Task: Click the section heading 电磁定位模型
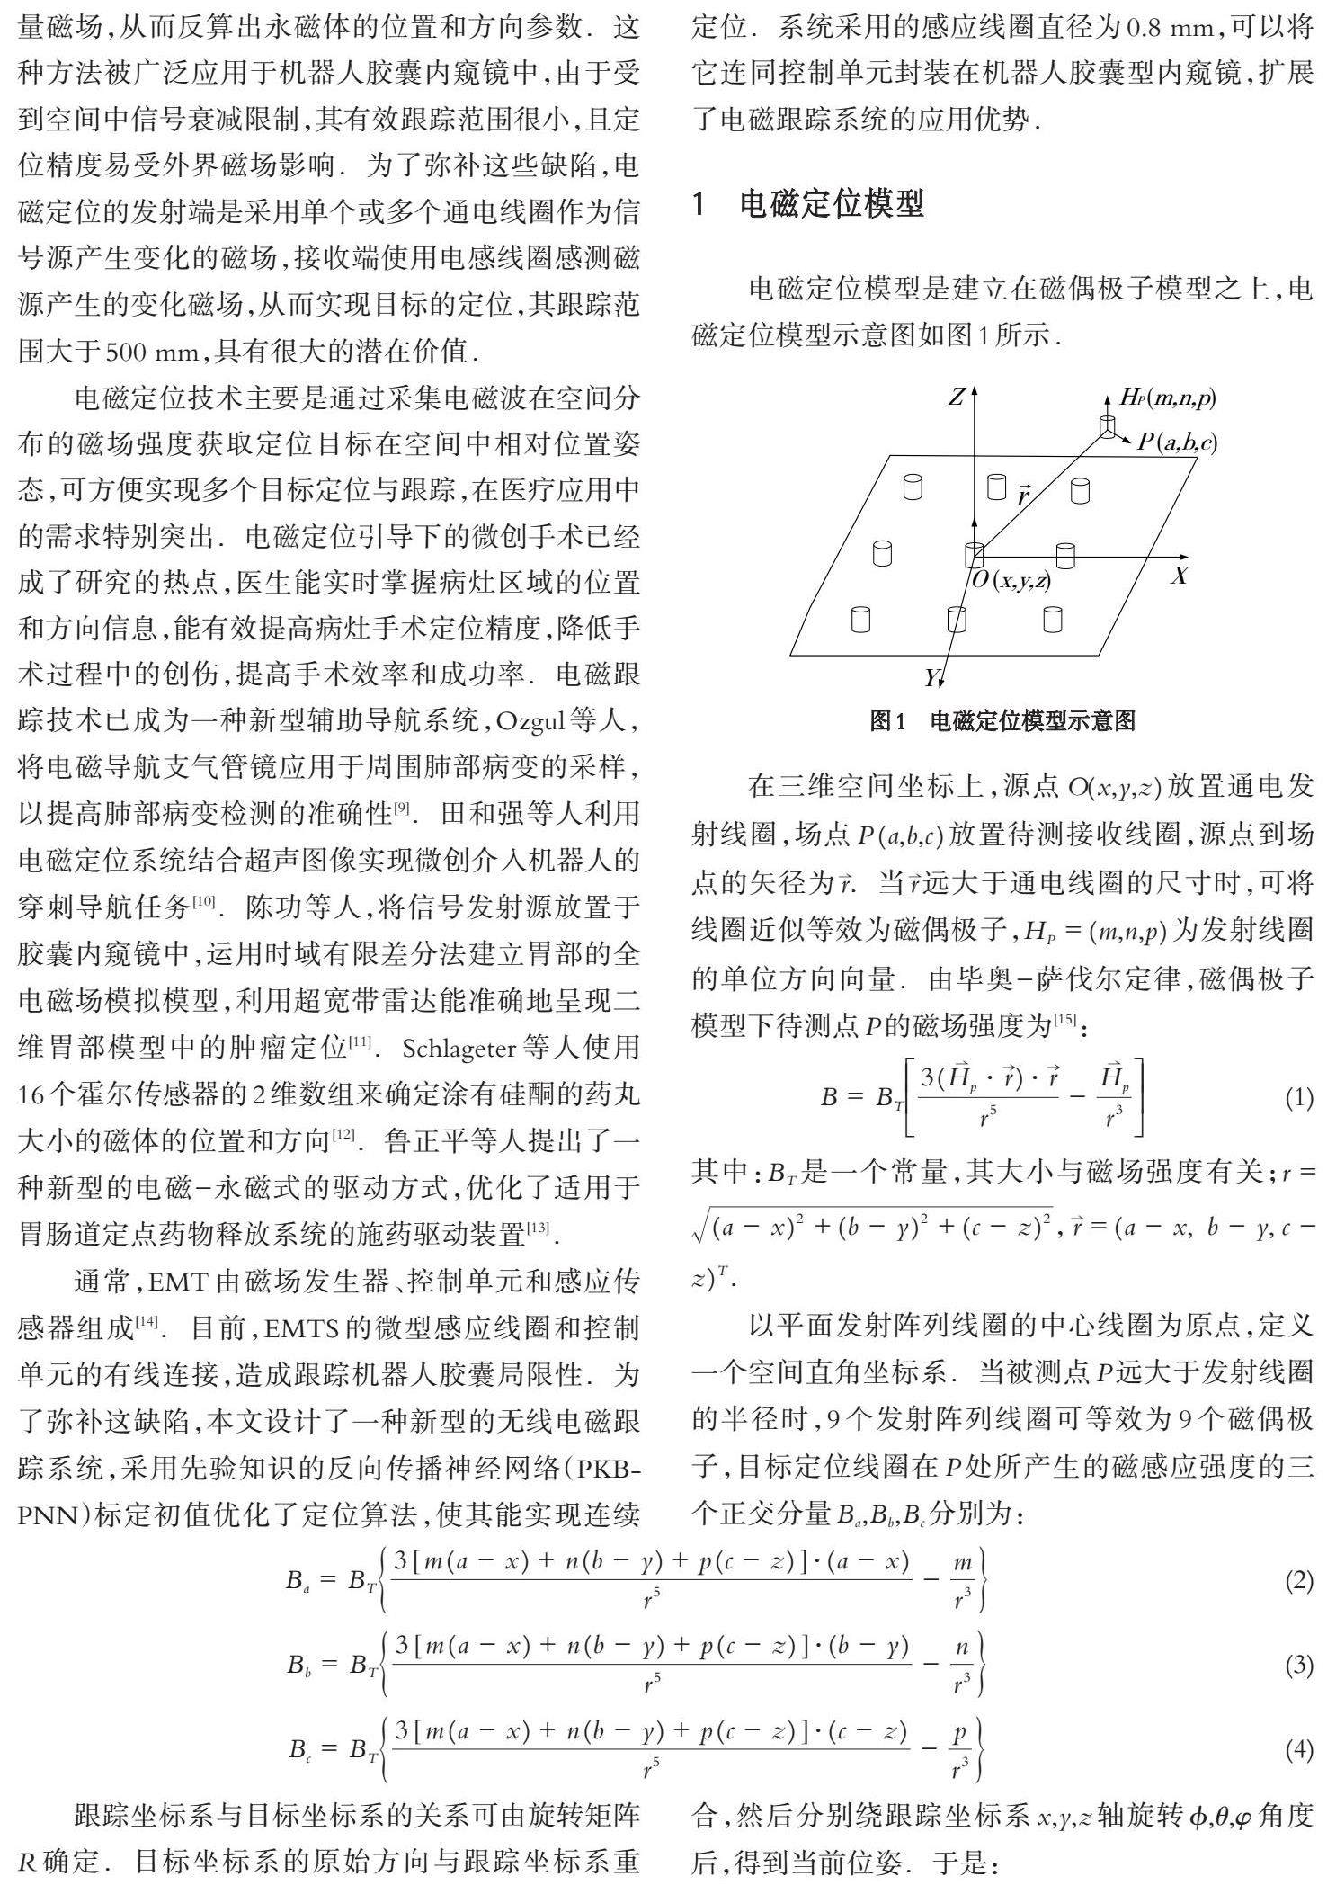pos(831,205)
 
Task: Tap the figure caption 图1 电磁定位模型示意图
pos(1002,720)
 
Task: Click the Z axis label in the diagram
pos(957,397)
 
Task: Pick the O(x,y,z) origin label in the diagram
pos(1011,581)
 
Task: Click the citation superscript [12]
pos(343,1135)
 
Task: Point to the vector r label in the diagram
pos(1022,494)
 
